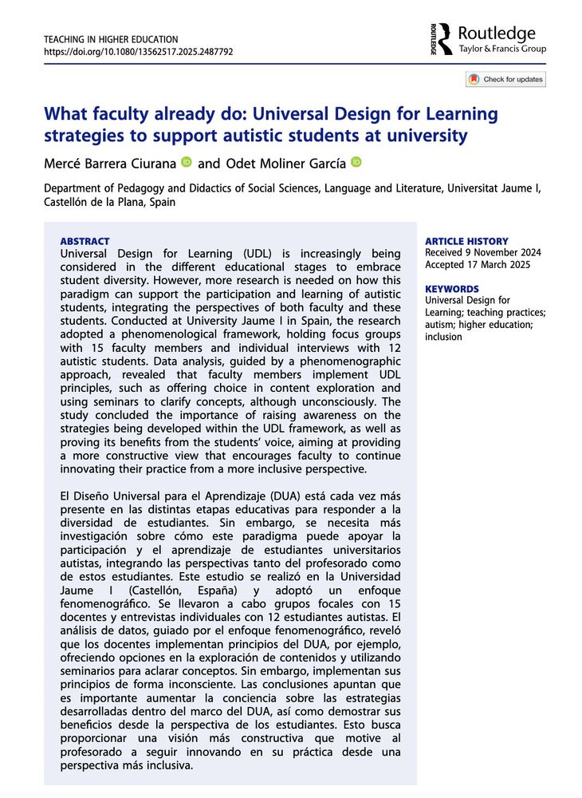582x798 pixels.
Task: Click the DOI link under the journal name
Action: click(x=138, y=52)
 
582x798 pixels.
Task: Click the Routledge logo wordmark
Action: click(x=497, y=34)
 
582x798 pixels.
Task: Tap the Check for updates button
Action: click(x=505, y=79)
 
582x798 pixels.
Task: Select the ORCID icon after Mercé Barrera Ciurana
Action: click(x=187, y=163)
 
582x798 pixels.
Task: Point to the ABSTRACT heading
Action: click(x=85, y=241)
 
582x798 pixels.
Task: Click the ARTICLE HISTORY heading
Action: click(x=466, y=241)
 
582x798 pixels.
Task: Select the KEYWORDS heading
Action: click(x=452, y=289)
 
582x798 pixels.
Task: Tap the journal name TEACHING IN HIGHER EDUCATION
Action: click(x=111, y=39)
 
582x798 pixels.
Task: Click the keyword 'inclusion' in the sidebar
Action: click(x=444, y=337)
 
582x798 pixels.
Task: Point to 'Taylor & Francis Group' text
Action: click(x=502, y=49)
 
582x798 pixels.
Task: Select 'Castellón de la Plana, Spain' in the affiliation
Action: click(x=109, y=202)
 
